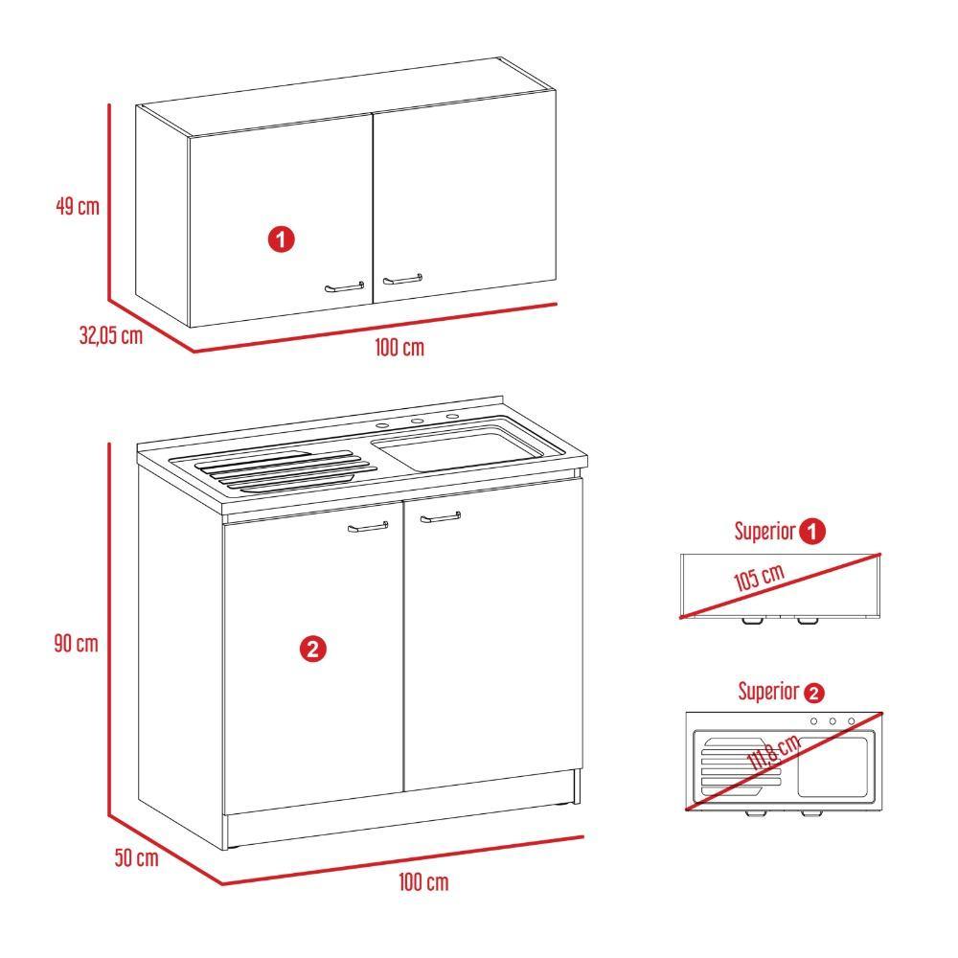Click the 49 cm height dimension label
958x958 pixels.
[x=77, y=206]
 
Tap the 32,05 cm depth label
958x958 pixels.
[x=110, y=335]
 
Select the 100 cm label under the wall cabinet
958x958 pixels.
[x=399, y=348]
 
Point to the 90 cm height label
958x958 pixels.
[x=76, y=644]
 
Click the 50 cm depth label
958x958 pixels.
[x=135, y=858]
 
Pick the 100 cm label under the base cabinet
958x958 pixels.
[x=423, y=882]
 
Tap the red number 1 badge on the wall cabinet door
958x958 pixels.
[x=281, y=239]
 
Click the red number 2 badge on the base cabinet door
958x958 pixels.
[x=313, y=650]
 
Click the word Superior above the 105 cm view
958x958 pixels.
[x=764, y=532]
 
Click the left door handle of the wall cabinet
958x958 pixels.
[x=344, y=285]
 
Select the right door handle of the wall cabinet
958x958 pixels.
[x=402, y=280]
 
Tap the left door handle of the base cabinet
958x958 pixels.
[x=368, y=527]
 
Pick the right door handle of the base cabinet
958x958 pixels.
[x=440, y=518]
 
